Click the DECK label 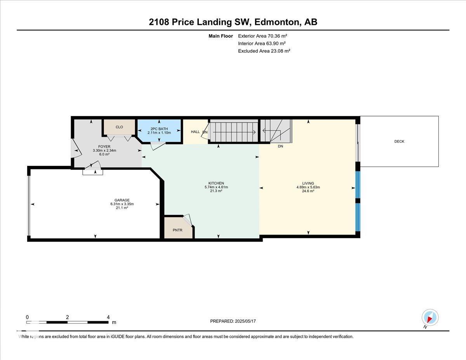pos(399,141)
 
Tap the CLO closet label pos(119,127)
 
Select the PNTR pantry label pos(177,230)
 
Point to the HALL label pos(195,132)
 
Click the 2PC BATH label pos(159,129)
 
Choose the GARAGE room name pos(122,200)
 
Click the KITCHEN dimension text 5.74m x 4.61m pos(216,187)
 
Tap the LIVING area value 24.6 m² pos(308,191)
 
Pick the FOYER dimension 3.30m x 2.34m pos(104,150)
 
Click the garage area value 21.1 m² pos(122,207)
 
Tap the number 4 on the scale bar pos(108,317)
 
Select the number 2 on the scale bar pos(67,317)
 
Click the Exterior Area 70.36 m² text pos(263,36)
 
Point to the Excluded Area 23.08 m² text pos(264,51)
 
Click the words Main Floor pos(221,36)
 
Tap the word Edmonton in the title pos(277,22)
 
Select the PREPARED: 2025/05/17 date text pos(233,321)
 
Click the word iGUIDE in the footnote pos(118,337)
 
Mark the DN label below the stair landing pos(280,146)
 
